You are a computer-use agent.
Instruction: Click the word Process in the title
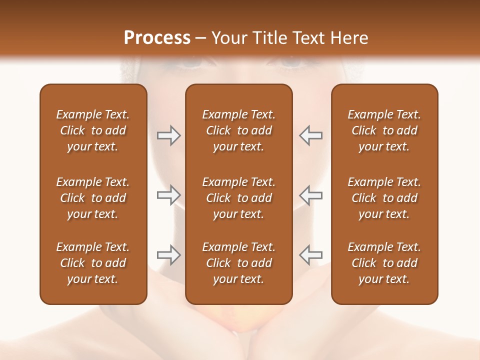(157, 38)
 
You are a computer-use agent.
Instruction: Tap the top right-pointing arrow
(168, 135)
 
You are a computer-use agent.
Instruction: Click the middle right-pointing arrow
(168, 195)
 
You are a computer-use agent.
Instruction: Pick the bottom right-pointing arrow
(168, 255)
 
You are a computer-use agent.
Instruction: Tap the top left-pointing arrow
(310, 135)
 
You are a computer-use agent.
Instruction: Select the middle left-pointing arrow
(310, 195)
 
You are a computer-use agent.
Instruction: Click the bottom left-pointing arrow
(310, 255)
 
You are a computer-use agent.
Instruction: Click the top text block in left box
(93, 130)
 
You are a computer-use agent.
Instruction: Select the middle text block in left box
(93, 198)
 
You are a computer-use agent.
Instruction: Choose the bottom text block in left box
(93, 263)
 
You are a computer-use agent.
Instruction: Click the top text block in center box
(238, 130)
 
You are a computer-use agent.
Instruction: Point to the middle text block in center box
(238, 198)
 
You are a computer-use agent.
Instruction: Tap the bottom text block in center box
(238, 263)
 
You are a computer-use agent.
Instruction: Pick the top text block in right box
(384, 130)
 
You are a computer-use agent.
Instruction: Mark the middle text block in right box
(384, 198)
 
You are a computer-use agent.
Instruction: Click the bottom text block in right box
(384, 263)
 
